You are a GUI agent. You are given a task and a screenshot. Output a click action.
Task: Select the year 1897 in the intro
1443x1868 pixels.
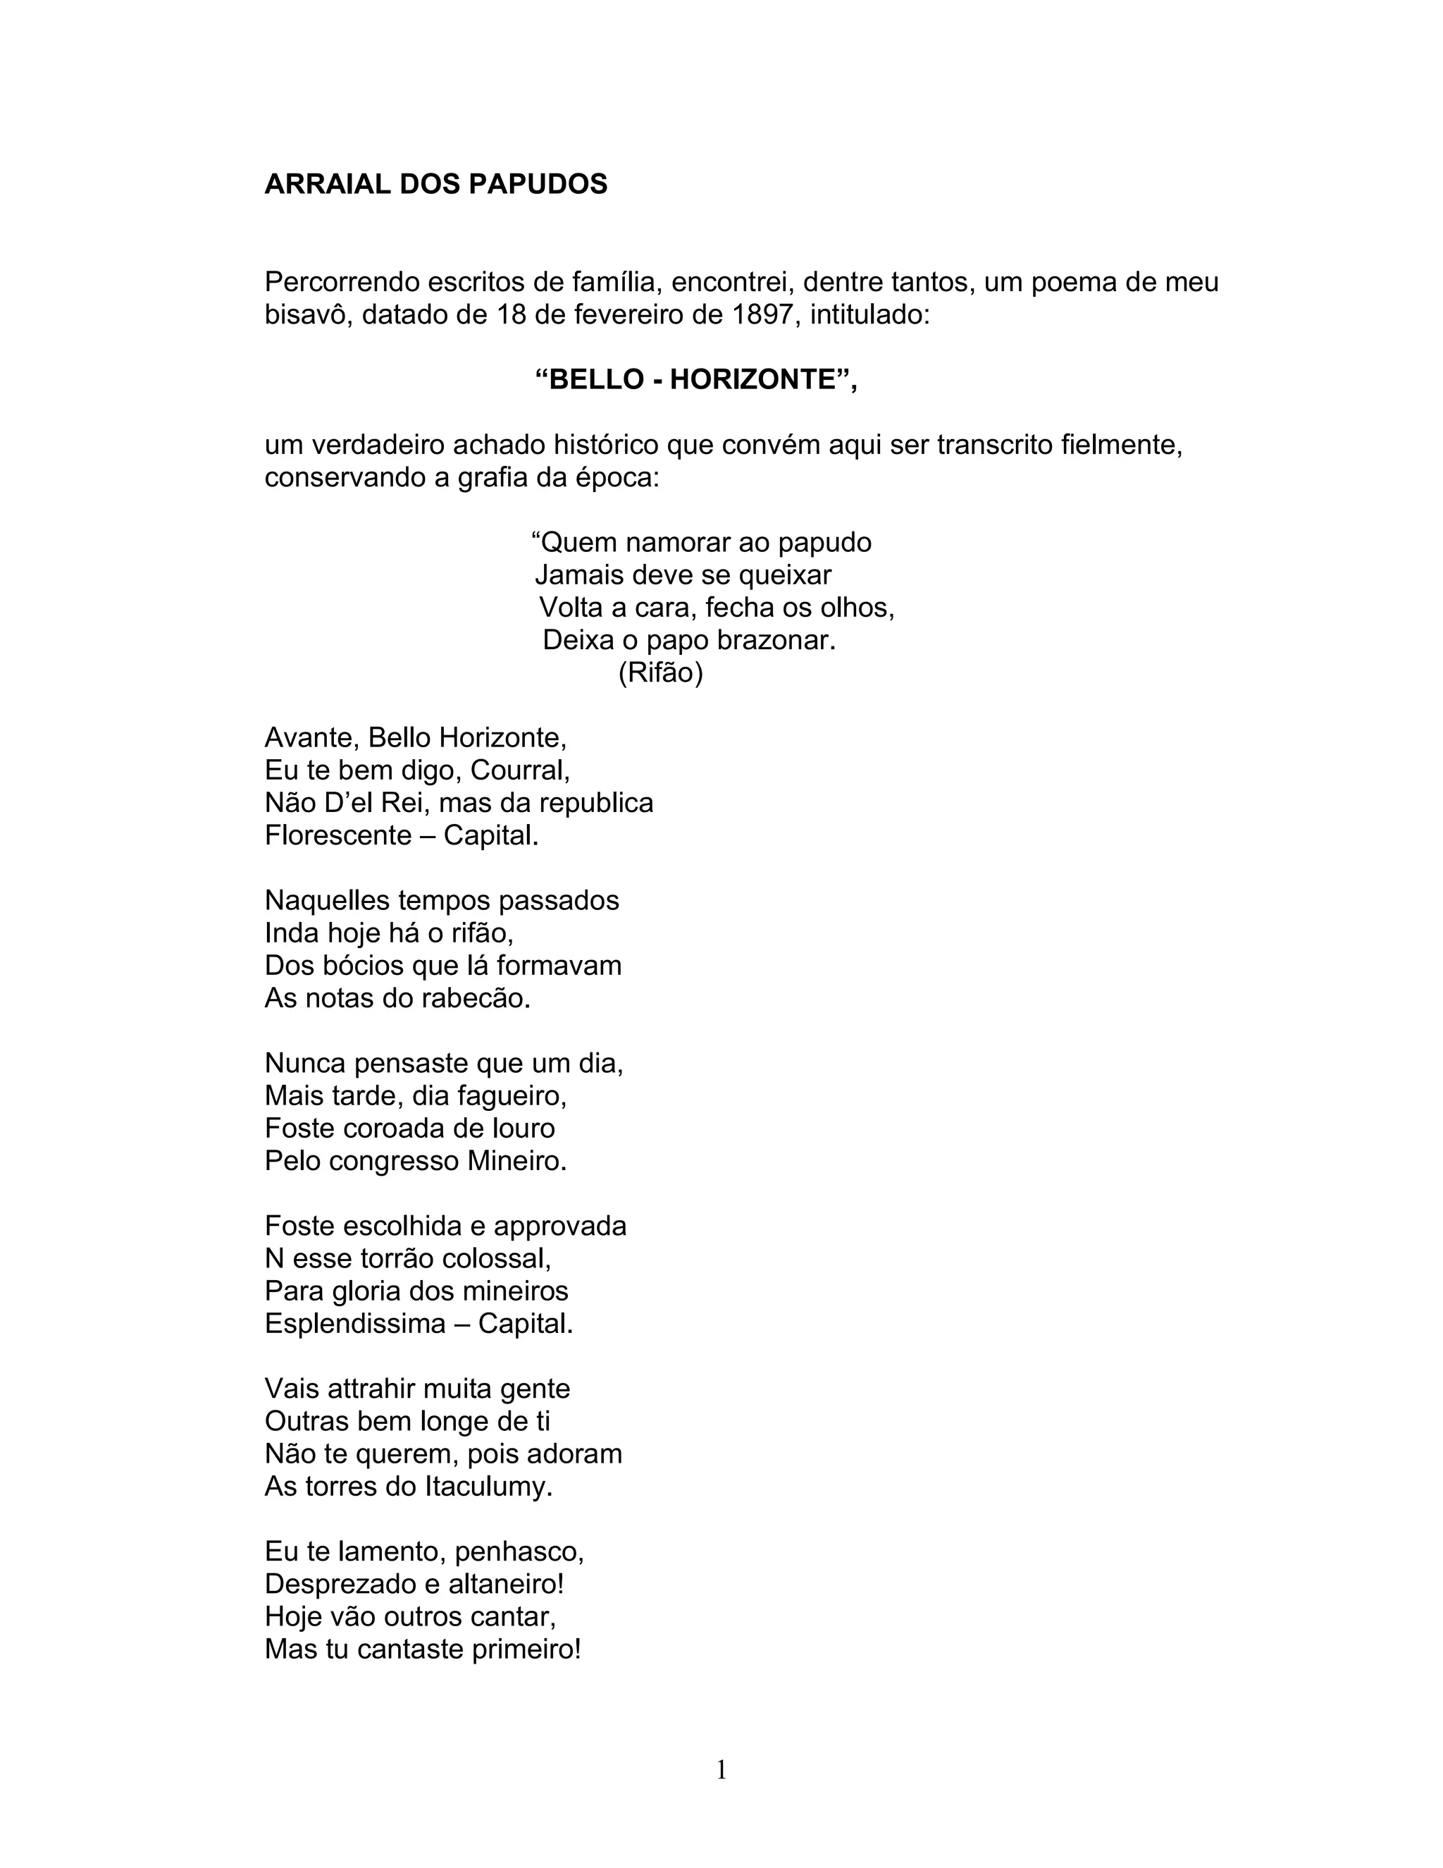click(x=762, y=315)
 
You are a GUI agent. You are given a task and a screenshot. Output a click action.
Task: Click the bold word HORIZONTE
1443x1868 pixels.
click(x=753, y=379)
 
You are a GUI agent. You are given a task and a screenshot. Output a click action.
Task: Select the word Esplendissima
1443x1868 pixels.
click(x=355, y=1323)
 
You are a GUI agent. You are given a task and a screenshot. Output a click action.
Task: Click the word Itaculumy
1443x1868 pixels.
click(x=488, y=1486)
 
